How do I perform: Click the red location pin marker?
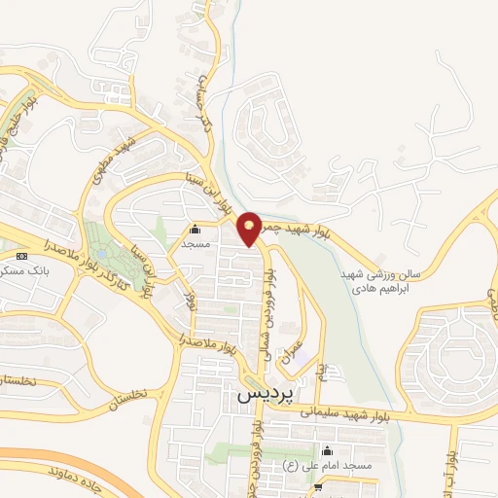249,228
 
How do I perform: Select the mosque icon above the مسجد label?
196,231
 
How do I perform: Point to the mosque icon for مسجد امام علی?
326,450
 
